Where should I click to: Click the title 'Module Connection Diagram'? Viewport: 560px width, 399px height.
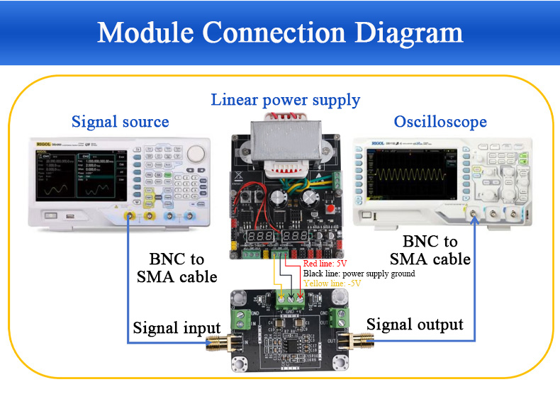coord(280,33)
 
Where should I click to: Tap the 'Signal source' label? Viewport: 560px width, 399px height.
coord(121,121)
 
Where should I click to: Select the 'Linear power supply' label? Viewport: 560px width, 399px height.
coord(286,99)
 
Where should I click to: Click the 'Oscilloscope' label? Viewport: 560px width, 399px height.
coord(440,121)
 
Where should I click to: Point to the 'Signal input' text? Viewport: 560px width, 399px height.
coord(177,328)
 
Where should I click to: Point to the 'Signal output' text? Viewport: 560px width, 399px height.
coord(415,325)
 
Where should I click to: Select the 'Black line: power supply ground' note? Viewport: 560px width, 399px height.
coord(359,273)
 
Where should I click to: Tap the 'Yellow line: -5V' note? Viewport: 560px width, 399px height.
coord(332,283)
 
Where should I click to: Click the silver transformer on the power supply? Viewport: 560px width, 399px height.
coord(284,146)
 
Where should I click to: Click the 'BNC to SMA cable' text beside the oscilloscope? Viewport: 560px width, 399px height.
coord(430,249)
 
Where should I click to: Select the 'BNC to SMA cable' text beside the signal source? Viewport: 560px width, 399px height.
coord(177,267)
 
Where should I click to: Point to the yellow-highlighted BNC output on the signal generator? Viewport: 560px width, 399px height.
coord(130,215)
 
